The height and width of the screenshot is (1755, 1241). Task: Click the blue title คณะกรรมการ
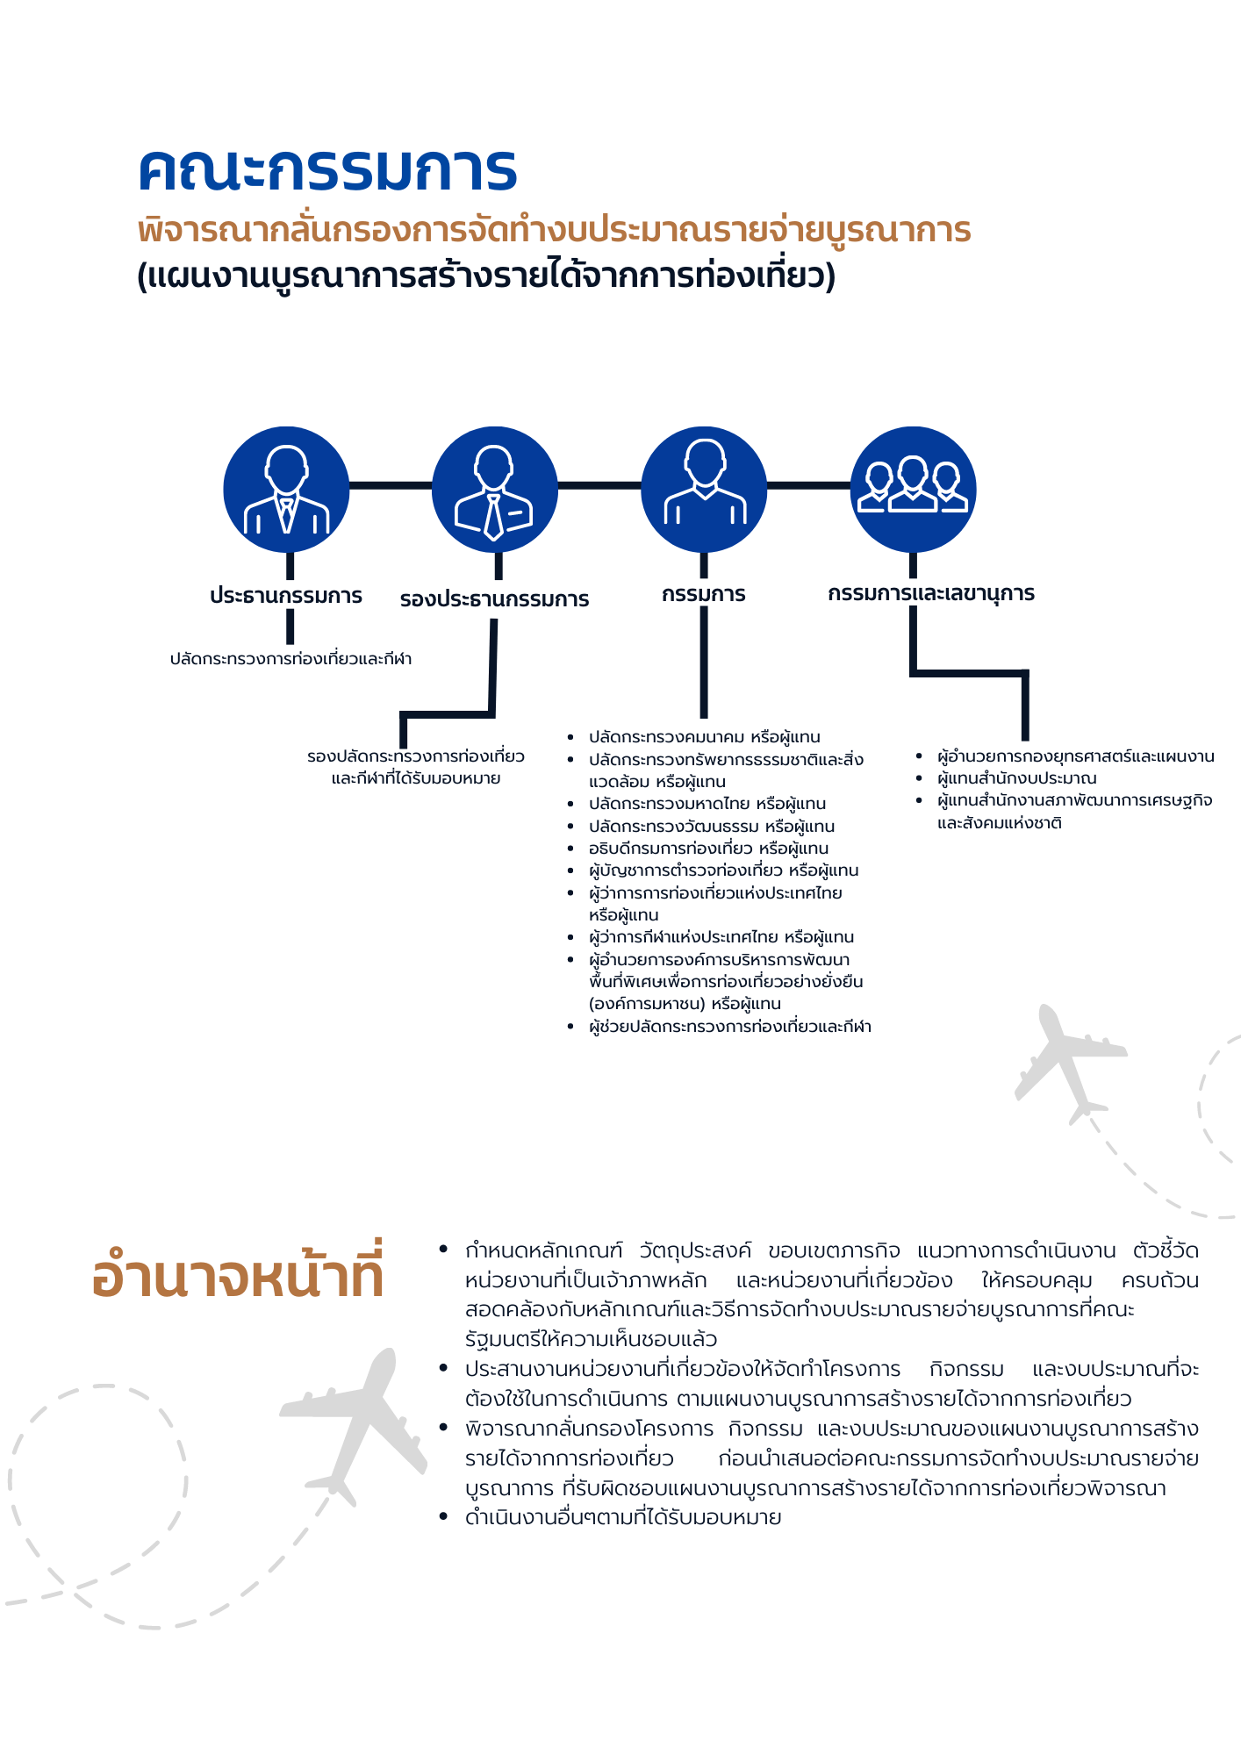pos(327,170)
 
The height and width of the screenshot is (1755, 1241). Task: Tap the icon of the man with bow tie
pos(286,490)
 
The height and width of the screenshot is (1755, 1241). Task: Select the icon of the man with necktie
pos(495,490)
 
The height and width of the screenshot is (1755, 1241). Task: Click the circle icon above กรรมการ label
pos(704,490)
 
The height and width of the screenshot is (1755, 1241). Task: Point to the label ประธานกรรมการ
pos(286,596)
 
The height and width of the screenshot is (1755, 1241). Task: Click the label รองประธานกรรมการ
pos(494,600)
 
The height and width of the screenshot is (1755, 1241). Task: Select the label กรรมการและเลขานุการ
pos(931,594)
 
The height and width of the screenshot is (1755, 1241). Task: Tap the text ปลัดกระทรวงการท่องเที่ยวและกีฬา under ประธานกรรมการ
pos(291,659)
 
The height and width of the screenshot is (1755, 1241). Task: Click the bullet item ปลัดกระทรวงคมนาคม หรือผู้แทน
pos(704,737)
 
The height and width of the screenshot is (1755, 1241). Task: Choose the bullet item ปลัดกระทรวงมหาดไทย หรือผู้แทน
pos(707,804)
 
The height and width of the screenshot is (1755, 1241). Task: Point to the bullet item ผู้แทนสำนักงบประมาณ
pos(1016,778)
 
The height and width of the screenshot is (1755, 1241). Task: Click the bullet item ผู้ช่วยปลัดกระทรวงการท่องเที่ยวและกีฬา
pos(729,1027)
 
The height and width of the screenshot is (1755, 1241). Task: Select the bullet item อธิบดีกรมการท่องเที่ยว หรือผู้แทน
pos(708,849)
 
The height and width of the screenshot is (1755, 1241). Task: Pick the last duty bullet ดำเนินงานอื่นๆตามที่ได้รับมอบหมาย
pos(623,1518)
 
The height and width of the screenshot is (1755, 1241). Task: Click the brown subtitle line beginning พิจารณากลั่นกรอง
pos(554,231)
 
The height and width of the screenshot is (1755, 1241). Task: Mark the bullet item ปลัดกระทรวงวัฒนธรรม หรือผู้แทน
pos(711,827)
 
